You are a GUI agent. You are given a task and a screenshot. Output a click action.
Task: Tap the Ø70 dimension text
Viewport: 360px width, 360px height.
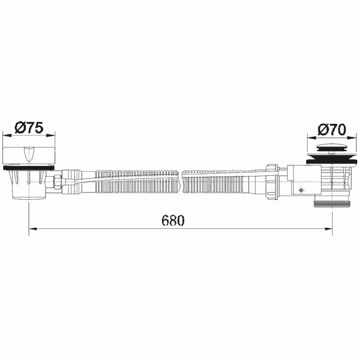click(332, 130)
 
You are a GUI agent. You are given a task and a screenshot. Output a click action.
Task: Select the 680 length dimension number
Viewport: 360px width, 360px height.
click(173, 220)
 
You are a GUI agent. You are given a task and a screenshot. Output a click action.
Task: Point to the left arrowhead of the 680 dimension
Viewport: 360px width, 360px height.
click(33, 229)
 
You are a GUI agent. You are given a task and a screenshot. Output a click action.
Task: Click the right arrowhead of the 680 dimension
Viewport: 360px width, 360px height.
click(328, 229)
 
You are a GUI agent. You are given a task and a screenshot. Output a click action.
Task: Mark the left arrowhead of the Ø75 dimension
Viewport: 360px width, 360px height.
click(6, 135)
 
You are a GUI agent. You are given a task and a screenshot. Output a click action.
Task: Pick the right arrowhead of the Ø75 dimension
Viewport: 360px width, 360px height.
click(51, 135)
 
